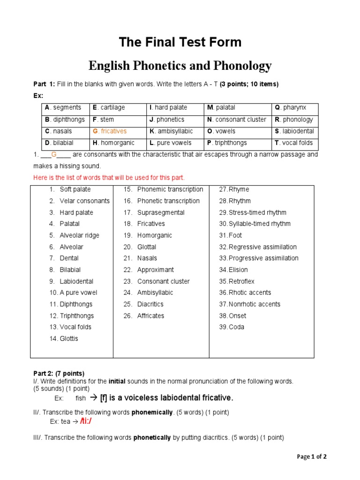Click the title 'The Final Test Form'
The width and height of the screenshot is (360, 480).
(x=180, y=42)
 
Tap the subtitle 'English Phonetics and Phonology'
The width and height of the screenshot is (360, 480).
(x=180, y=66)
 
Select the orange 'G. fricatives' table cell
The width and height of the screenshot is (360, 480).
(x=110, y=131)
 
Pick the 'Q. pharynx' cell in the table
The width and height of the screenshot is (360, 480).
(x=291, y=108)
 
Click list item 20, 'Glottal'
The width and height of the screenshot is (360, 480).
(x=146, y=247)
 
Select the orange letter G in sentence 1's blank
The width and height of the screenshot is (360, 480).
(x=53, y=154)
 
